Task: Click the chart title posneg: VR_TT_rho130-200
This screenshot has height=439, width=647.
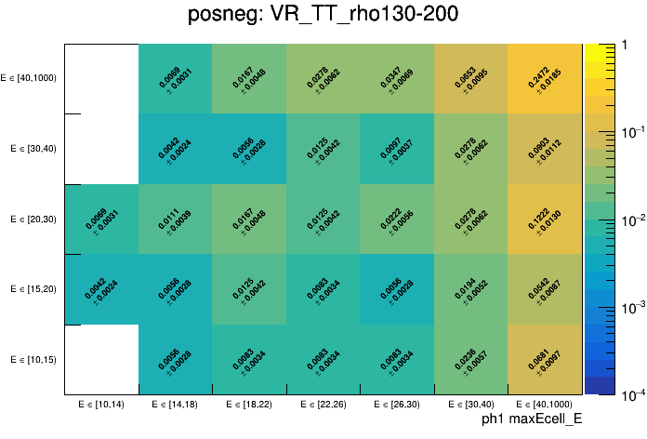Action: tap(323, 16)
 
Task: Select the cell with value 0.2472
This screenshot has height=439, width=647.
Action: tap(545, 78)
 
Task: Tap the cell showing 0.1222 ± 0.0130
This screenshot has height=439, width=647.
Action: tap(545, 219)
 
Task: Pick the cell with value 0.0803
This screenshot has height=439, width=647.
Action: tap(545, 149)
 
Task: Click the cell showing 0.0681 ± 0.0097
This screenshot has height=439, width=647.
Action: tap(545, 359)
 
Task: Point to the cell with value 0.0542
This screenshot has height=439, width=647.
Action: tap(545, 289)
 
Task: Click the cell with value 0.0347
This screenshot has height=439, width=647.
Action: tap(397, 78)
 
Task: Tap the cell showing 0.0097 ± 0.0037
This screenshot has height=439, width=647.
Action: tap(397, 149)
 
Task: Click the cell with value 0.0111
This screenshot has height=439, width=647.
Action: tap(176, 219)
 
